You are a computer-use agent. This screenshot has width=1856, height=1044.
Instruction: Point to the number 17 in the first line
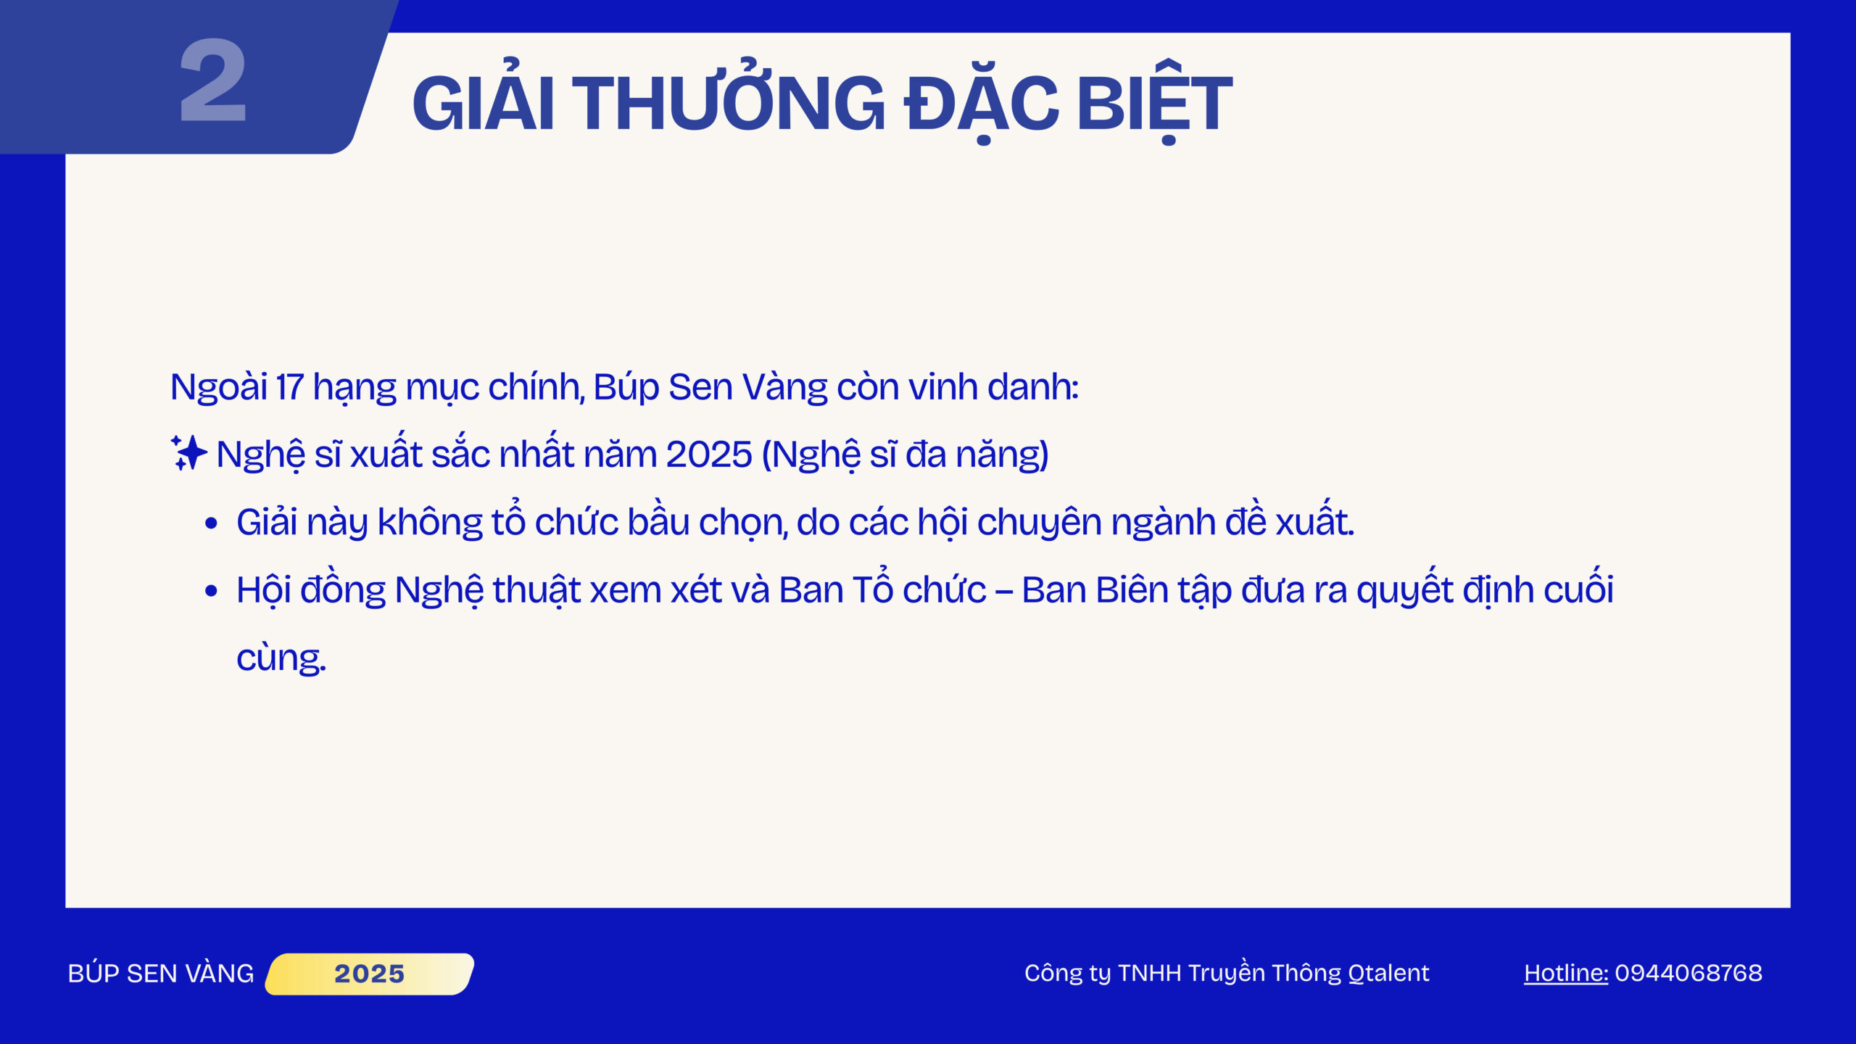click(x=289, y=387)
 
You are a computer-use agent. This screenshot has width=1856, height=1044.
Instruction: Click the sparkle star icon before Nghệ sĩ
click(x=188, y=452)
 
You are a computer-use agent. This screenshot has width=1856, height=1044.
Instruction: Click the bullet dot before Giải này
click(x=211, y=523)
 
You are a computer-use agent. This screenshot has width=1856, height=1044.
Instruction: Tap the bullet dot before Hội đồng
click(x=211, y=592)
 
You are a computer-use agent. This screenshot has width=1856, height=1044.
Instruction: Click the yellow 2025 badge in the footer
click(x=370, y=974)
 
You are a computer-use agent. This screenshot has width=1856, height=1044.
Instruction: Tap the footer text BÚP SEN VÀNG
click(x=161, y=973)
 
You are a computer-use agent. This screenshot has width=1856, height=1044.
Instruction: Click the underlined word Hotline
click(x=1566, y=973)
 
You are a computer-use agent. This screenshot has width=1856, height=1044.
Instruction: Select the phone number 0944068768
click(x=1689, y=973)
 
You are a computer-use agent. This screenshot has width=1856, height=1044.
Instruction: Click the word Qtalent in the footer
click(x=1388, y=973)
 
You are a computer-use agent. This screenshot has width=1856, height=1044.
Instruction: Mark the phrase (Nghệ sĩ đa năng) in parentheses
click(x=906, y=455)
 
